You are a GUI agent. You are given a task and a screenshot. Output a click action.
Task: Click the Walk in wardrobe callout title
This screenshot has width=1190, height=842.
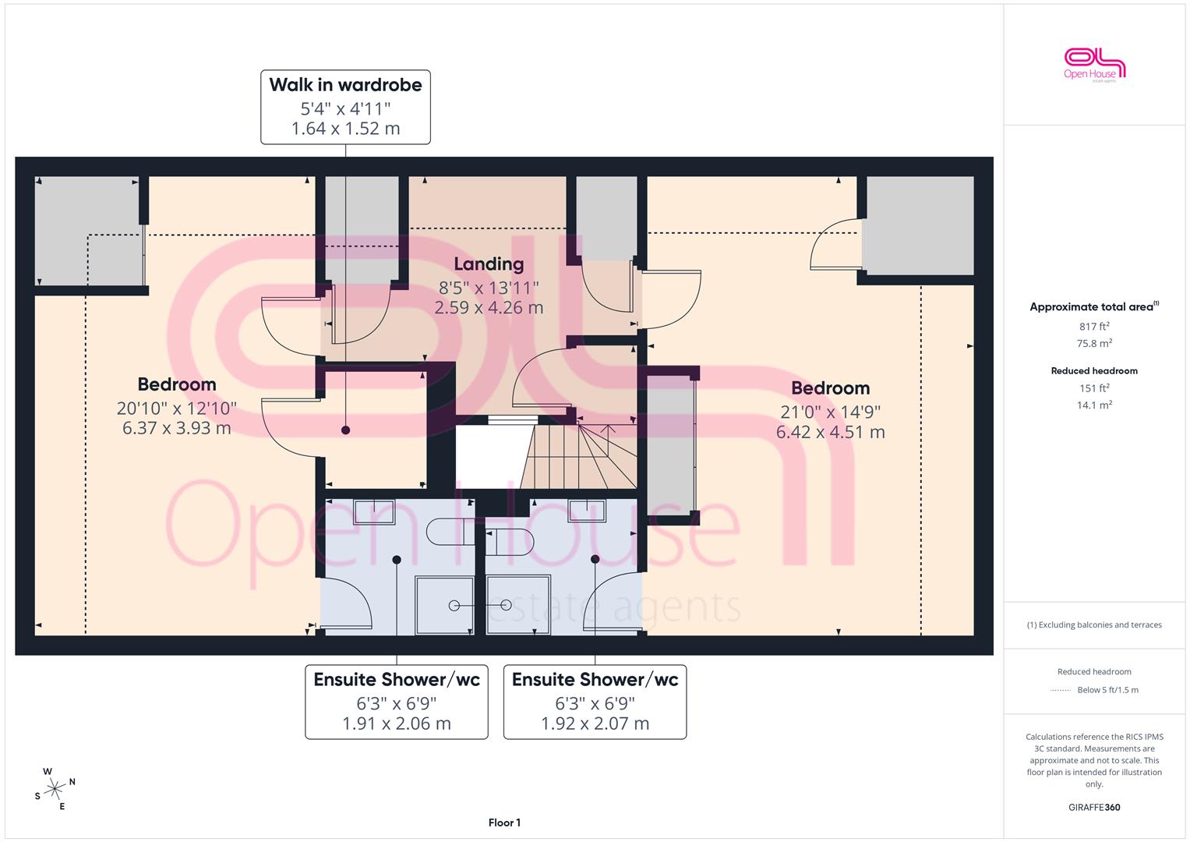[x=345, y=85]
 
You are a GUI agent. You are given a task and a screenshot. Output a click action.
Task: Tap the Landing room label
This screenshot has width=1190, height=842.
[x=489, y=264]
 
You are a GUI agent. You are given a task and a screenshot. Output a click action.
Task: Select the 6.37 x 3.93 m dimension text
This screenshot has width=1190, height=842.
[x=177, y=428]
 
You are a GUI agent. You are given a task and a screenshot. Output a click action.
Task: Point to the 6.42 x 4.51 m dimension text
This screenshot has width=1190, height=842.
[x=830, y=432]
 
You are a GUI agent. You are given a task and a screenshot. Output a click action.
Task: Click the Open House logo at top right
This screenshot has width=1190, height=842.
[x=1094, y=65]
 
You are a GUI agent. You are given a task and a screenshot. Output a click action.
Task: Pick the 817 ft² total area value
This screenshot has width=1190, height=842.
[x=1094, y=327]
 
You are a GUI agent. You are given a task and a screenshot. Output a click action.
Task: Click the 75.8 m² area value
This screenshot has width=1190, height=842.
[x=1094, y=343]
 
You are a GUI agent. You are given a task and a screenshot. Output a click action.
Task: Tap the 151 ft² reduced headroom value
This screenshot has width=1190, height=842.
[x=1094, y=388]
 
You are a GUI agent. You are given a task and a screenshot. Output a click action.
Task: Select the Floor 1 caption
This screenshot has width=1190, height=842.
[x=504, y=823]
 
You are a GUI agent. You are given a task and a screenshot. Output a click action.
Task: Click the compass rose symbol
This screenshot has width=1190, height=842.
[x=55, y=789]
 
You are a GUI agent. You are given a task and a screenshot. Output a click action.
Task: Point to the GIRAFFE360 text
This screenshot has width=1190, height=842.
[x=1094, y=808]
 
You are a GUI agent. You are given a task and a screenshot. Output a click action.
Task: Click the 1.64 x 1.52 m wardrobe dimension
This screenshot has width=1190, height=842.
[x=345, y=129]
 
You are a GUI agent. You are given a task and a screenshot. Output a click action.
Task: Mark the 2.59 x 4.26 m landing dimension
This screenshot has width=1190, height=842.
[x=489, y=308]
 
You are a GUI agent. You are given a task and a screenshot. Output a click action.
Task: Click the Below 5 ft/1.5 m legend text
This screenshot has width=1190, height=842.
[x=1107, y=690]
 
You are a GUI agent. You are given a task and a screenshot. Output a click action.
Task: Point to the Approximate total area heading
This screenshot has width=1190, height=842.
[x=1094, y=306]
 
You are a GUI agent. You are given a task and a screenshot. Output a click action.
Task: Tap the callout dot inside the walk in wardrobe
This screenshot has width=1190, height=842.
[x=346, y=430]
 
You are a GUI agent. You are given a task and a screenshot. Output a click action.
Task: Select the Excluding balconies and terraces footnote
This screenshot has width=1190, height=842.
[x=1094, y=625]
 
